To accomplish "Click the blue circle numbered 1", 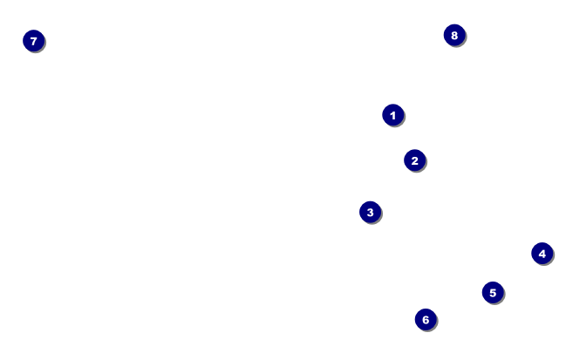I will (392, 115).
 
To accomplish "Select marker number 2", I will (414, 160).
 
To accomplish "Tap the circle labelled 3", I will (370, 212).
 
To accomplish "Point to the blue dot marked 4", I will (542, 254).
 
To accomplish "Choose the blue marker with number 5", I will (492, 293).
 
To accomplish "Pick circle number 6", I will (425, 320).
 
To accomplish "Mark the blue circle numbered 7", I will (33, 41).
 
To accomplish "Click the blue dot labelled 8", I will (453, 35).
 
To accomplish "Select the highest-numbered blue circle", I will (453, 35).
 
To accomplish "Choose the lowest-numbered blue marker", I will (392, 115).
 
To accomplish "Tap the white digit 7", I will (33, 41).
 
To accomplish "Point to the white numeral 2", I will (414, 160).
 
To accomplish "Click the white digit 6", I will (425, 320).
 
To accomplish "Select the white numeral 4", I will (542, 254).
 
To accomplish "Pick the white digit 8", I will (453, 35).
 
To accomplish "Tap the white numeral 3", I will (370, 212).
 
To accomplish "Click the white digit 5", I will (492, 293).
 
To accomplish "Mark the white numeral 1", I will (392, 115).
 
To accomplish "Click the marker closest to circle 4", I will (492, 293).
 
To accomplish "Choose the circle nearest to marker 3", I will (414, 160).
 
